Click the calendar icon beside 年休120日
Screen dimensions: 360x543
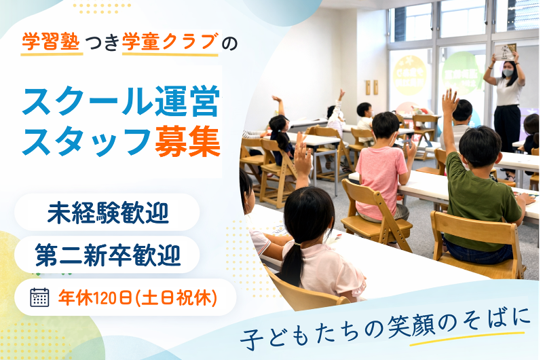pos(39,297)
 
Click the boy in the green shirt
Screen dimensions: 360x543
pos(482,197)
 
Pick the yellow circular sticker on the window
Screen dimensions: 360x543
pos(410,75)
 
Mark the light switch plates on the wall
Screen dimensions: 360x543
pos(371,87)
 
